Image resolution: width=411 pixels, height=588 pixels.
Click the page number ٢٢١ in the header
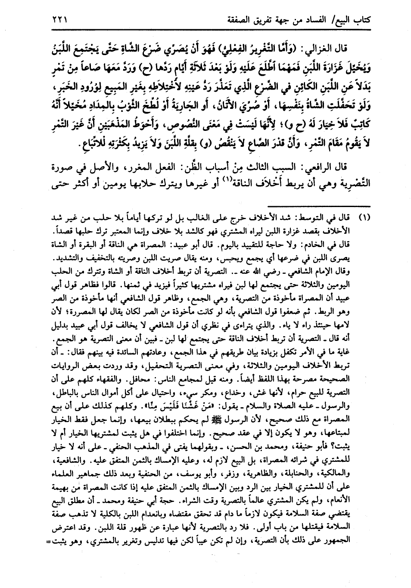60,19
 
